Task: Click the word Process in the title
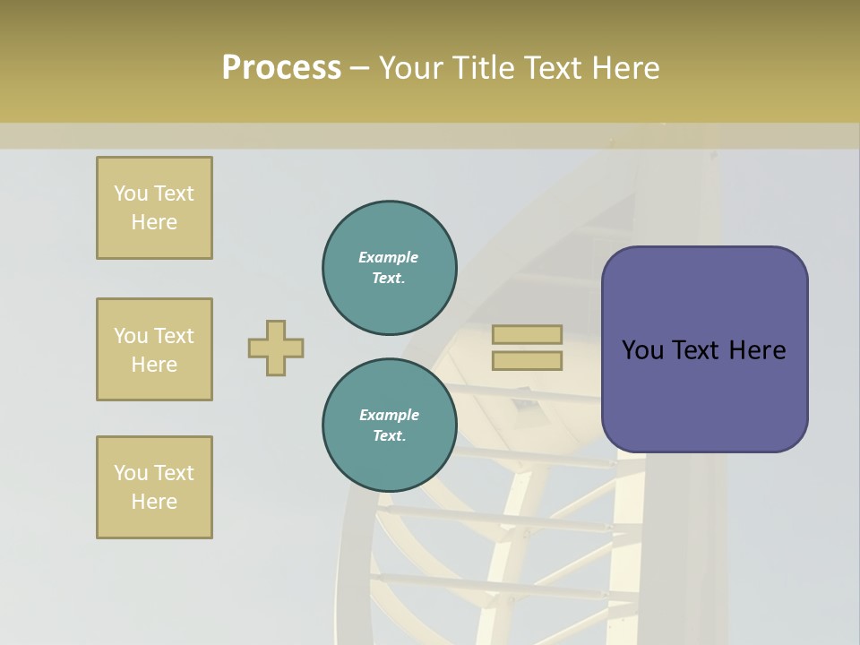point(281,68)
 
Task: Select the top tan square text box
point(154,208)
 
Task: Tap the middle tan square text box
point(154,349)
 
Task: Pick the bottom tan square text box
point(154,487)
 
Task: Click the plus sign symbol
point(276,348)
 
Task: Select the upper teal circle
point(390,268)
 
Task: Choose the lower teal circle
point(390,426)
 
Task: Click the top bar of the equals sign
point(527,335)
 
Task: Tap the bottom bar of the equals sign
point(527,361)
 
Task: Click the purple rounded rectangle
point(704,394)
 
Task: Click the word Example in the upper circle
point(389,257)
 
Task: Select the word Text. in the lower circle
point(389,436)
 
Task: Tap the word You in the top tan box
point(131,193)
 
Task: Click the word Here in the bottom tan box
point(154,502)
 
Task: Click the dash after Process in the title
point(359,68)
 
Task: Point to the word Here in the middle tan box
point(154,365)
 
